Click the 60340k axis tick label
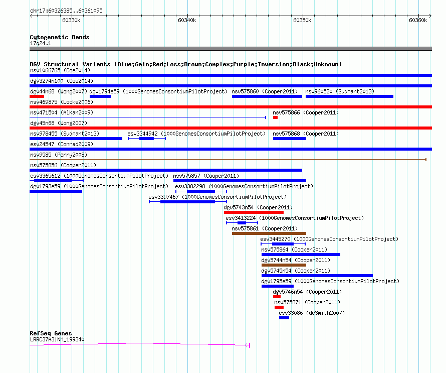click(x=187, y=20)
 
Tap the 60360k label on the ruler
click(x=418, y=20)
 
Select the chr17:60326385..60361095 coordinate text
click(x=66, y=11)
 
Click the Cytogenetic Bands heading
click(x=60, y=37)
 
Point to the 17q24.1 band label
click(x=41, y=43)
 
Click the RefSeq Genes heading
click(x=51, y=333)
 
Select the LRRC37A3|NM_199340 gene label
click(x=57, y=339)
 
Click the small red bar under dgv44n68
click(x=37, y=96)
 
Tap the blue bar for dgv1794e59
click(x=100, y=96)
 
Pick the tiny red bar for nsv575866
click(x=275, y=117)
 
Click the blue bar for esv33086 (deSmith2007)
click(x=284, y=318)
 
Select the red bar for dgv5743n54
click(x=254, y=212)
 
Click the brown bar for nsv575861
click(x=269, y=233)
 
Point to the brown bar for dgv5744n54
click(x=284, y=265)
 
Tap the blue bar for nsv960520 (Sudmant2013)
click(x=349, y=96)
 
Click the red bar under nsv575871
click(x=279, y=307)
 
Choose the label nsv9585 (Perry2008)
click(x=59, y=155)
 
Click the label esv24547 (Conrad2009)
click(x=62, y=144)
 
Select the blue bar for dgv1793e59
click(x=56, y=191)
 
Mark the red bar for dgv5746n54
click(x=277, y=297)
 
